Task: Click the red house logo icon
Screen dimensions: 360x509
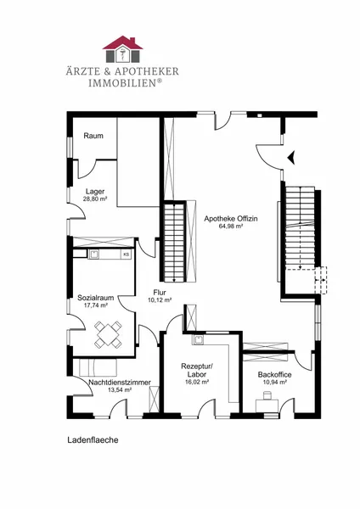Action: [x=122, y=49]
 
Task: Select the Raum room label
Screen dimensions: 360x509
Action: [x=93, y=136]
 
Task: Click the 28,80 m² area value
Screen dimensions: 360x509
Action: [x=95, y=199]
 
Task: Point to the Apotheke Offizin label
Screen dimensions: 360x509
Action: [x=231, y=219]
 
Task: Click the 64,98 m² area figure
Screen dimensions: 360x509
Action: [x=231, y=227]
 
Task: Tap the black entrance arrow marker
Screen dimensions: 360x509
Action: [x=291, y=158]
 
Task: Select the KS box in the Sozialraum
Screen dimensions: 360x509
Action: [x=126, y=255]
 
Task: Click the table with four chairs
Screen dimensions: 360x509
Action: [x=108, y=334]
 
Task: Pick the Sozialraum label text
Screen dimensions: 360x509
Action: [x=96, y=298]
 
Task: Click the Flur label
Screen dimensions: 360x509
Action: [x=160, y=293]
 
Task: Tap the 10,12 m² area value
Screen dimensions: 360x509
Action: [x=160, y=300]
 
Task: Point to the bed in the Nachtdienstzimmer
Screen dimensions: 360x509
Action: [x=98, y=367]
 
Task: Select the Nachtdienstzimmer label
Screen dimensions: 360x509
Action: [x=120, y=383]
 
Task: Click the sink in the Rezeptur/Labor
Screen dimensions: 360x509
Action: [x=198, y=339]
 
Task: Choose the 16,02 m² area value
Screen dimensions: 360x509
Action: [x=197, y=382]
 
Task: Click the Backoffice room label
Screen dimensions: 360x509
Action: [x=274, y=375]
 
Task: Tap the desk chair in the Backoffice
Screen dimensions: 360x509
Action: [x=267, y=395]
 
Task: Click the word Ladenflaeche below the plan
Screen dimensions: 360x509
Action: [x=93, y=440]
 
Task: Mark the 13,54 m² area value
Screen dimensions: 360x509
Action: [x=120, y=390]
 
